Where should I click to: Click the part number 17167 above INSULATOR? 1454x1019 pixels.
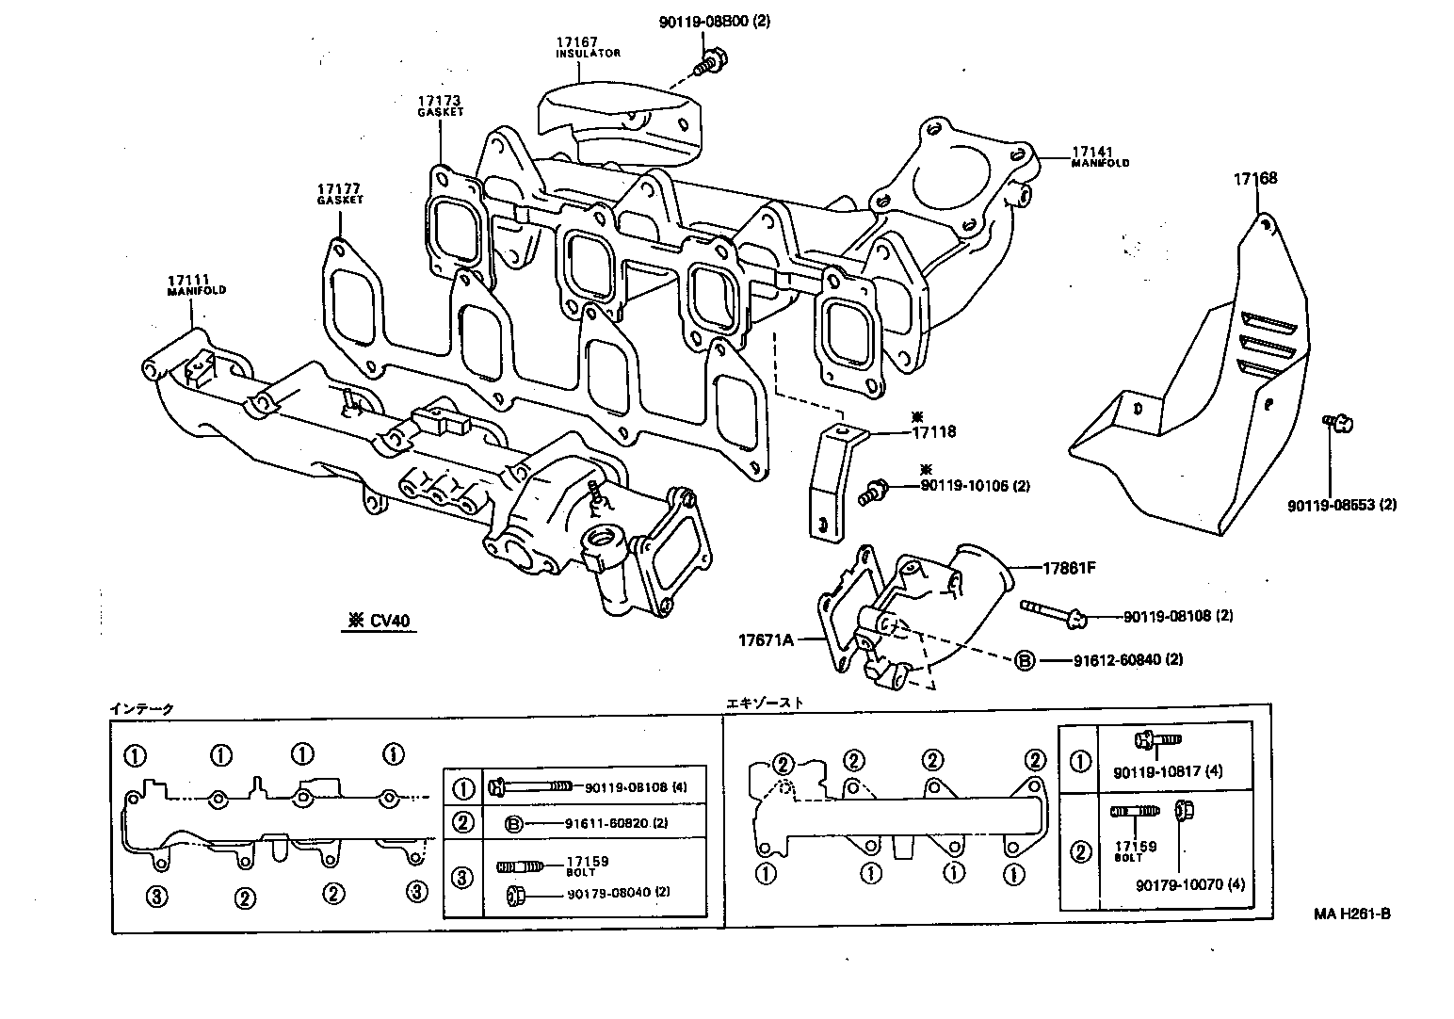pyautogui.click(x=577, y=41)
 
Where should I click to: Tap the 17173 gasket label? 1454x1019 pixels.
pyautogui.click(x=441, y=100)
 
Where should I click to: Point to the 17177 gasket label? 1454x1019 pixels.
pyautogui.click(x=339, y=188)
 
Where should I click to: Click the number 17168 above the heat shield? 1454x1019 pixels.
pyautogui.click(x=1256, y=178)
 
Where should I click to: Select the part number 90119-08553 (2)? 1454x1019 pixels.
pyautogui.click(x=1342, y=505)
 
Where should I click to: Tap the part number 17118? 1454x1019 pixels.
pyautogui.click(x=933, y=432)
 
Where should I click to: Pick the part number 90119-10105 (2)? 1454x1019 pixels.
pyautogui.click(x=974, y=486)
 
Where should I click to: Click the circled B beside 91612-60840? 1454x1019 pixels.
pyautogui.click(x=1024, y=660)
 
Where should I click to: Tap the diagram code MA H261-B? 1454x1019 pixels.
pyautogui.click(x=1352, y=914)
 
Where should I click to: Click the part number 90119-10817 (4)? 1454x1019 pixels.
pyautogui.click(x=1167, y=771)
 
